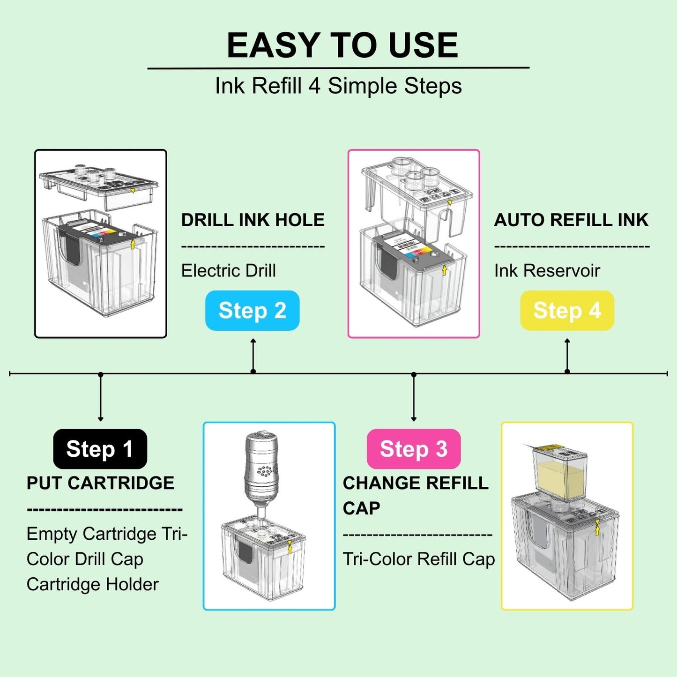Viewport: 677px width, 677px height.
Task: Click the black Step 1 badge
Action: click(100, 449)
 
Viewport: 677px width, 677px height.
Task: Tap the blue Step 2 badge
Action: click(252, 311)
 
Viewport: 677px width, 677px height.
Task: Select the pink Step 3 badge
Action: click(413, 449)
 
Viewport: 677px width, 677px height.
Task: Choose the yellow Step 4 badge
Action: click(567, 311)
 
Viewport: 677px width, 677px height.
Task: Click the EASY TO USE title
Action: click(342, 45)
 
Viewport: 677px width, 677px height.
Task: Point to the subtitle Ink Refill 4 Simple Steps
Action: click(338, 86)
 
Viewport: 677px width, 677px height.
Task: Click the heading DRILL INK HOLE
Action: click(253, 220)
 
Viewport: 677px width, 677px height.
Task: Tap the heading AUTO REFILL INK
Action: click(571, 220)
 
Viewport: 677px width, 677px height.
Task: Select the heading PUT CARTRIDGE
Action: click(100, 483)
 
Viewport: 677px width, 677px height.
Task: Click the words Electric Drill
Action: click(228, 271)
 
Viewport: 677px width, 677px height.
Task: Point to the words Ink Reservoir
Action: click(547, 271)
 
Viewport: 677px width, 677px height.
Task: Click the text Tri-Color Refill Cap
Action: click(418, 559)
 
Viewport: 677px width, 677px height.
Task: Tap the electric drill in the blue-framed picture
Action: click(261, 469)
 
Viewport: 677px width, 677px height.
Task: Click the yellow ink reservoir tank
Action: click(560, 473)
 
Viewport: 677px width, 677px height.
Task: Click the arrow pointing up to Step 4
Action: click(567, 356)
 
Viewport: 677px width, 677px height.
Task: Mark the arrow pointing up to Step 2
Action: click(253, 356)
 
